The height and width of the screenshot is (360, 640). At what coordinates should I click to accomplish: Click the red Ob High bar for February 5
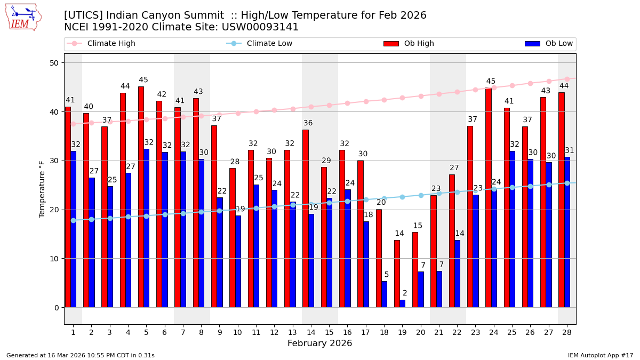(141, 197)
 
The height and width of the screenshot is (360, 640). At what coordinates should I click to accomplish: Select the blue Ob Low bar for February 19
(402, 303)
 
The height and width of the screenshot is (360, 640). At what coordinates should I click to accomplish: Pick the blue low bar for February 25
(512, 229)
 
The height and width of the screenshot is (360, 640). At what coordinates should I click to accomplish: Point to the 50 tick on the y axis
(56, 63)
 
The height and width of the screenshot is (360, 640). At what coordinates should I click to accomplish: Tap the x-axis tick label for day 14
(311, 332)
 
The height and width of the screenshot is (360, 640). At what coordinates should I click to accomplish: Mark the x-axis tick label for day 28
(566, 332)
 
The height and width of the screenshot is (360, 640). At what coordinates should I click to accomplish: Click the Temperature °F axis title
(42, 189)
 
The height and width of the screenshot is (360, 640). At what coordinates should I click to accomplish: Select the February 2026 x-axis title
(319, 343)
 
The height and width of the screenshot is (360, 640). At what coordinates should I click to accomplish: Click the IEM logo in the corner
(23, 17)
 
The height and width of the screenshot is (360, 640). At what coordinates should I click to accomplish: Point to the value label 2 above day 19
(405, 293)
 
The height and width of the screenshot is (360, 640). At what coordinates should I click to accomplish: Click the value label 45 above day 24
(491, 82)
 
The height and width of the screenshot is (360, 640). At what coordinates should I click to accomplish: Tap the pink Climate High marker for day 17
(366, 101)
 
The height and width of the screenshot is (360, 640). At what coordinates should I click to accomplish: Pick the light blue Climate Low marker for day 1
(73, 220)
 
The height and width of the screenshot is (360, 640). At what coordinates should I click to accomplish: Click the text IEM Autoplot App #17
(600, 355)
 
